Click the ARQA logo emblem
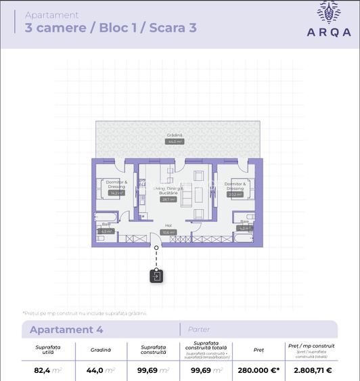coord(330,12)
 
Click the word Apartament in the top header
coord(51,15)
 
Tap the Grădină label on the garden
coord(175,135)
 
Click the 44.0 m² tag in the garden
coord(175,142)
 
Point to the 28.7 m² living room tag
coord(168,199)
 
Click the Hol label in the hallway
coord(168,226)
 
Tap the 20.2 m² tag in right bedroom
coord(235,194)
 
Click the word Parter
coord(199,330)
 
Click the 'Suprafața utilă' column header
coord(48,350)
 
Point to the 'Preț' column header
coord(258,350)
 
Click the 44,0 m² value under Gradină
coord(100,370)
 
